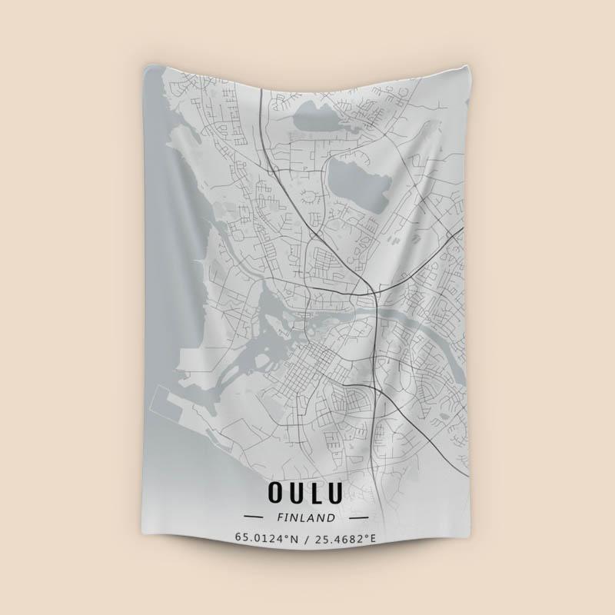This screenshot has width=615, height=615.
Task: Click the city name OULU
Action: pos(306,491)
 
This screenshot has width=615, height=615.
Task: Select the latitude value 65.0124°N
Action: pos(267,538)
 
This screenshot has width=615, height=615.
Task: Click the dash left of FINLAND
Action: pos(254,517)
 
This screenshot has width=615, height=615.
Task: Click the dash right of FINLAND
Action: pos(358,517)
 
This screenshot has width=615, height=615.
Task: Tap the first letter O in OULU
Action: pos(275,491)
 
